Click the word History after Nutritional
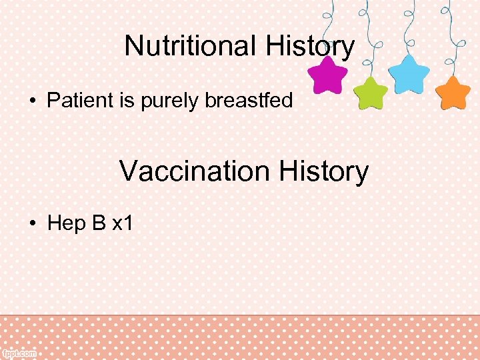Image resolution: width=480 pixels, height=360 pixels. (310, 46)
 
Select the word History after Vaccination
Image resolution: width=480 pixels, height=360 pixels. (323, 171)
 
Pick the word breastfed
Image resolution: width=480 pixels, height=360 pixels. (249, 101)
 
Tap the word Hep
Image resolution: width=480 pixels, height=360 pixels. (67, 223)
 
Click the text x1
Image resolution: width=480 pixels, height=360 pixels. (123, 223)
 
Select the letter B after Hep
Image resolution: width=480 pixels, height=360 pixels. (99, 223)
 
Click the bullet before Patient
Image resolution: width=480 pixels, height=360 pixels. (32, 101)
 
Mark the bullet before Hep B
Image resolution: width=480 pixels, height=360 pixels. (32, 223)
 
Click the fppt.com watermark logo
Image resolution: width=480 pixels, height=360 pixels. (19, 353)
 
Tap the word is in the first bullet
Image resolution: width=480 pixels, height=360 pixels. (125, 101)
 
